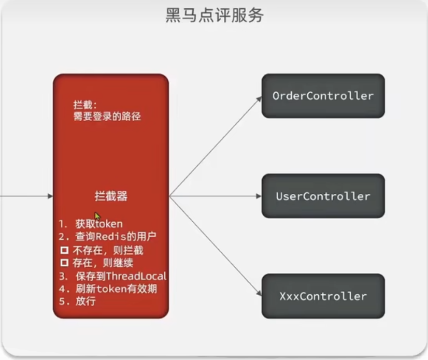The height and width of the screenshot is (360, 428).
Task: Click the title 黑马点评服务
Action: tap(214, 15)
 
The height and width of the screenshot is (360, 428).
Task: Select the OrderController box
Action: tap(323, 96)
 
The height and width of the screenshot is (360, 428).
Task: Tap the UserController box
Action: tap(323, 196)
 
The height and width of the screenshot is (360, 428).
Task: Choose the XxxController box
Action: tap(323, 296)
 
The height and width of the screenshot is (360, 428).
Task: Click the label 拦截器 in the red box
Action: tap(111, 196)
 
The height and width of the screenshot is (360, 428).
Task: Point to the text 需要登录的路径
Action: tap(107, 116)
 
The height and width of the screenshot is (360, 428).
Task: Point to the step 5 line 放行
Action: tap(78, 301)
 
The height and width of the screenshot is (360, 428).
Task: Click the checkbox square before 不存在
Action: tap(65, 250)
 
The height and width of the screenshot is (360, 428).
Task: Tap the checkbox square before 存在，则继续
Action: tap(65, 263)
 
